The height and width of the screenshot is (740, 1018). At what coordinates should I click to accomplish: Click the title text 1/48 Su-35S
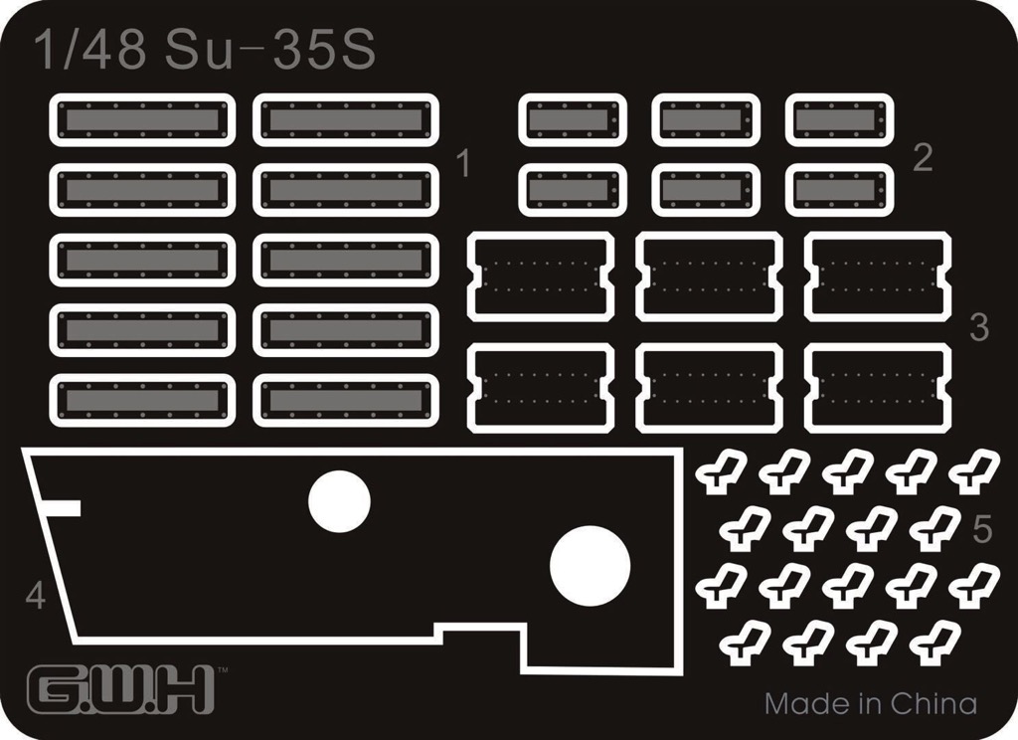pos(205,50)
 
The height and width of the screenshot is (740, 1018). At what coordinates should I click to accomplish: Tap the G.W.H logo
pos(120,689)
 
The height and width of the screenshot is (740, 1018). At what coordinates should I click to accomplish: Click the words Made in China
pos(871,703)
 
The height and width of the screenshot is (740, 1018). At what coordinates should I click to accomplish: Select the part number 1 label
pos(463,163)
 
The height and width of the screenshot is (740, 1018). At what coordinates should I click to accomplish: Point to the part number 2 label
pos(923,157)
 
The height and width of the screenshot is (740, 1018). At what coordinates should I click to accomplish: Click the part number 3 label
pos(979,327)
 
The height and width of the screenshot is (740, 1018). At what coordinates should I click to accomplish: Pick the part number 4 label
pos(36,595)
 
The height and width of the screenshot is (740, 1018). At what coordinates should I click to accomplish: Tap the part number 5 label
pos(983,529)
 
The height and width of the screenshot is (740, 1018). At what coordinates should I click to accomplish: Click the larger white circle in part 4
pos(590,564)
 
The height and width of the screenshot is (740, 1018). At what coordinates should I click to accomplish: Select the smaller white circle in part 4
pos(339,501)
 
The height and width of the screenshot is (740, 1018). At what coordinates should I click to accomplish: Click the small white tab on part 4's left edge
pos(63,508)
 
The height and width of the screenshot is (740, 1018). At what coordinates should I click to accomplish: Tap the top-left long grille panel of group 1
pos(142,119)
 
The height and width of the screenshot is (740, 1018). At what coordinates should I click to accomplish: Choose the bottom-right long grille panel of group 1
pos(346,400)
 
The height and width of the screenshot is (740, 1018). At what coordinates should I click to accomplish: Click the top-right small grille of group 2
pos(839,119)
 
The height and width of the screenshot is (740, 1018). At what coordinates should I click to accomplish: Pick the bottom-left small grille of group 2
pos(573,190)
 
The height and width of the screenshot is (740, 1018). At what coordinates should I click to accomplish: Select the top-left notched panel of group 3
pos(540,277)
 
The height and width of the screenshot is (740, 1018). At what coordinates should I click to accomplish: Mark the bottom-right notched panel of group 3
pos(878,388)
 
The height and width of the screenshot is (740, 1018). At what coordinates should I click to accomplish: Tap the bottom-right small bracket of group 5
pos(934,643)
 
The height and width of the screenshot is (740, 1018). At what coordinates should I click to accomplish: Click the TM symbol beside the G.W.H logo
pos(222,669)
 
